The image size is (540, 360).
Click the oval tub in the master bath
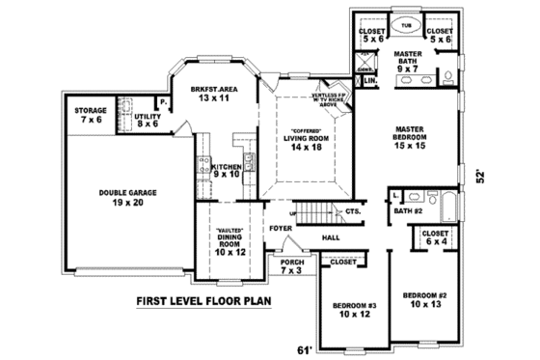(405, 28)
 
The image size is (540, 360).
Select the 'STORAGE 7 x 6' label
(91, 115)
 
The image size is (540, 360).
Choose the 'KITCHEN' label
(226, 170)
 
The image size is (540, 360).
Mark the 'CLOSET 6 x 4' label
(437, 236)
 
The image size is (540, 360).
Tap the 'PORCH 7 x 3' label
(290, 266)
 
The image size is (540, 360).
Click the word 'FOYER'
(281, 229)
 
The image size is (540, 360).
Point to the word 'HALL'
(331, 236)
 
